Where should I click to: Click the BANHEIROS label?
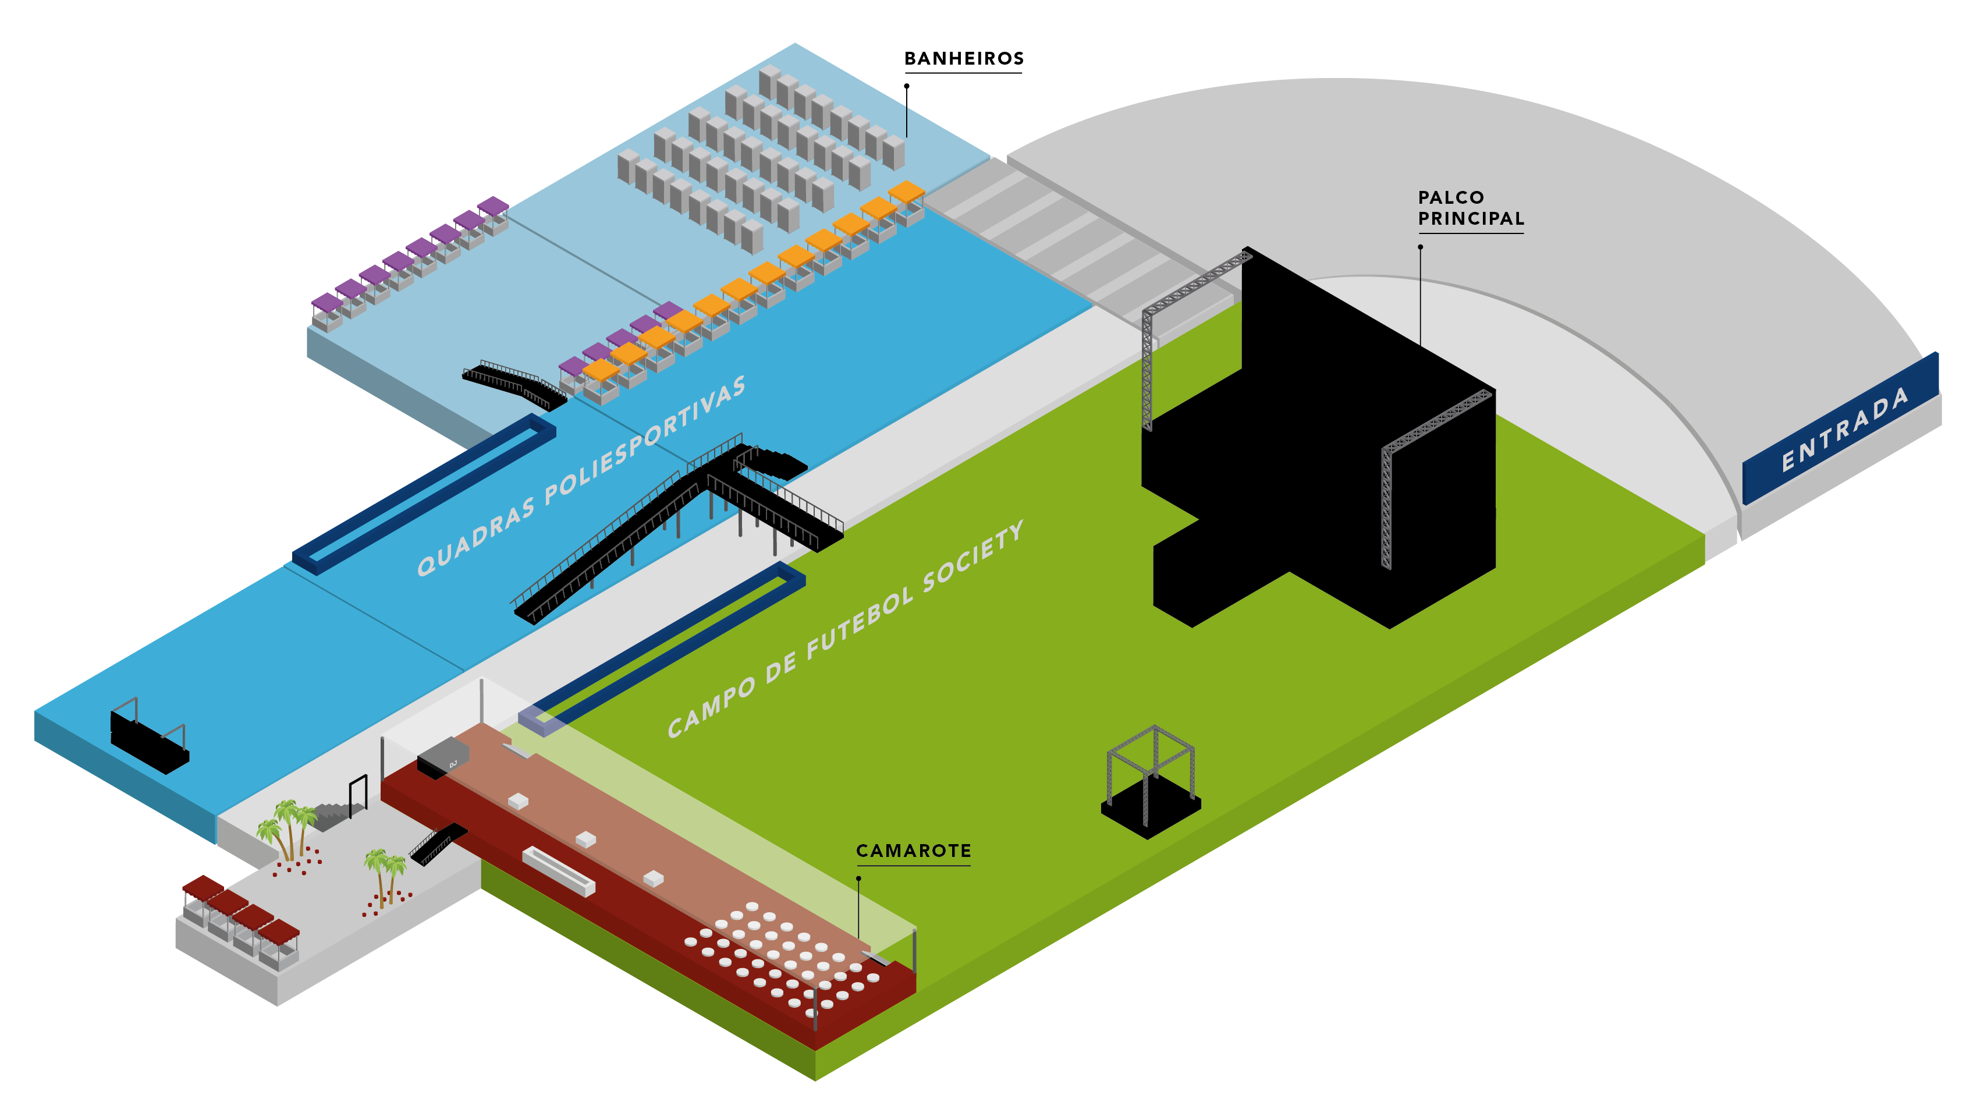[963, 58]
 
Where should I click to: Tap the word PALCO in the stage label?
[1450, 197]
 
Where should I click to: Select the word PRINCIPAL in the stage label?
[1471, 219]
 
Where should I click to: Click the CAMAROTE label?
[913, 851]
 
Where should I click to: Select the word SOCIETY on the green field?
[973, 556]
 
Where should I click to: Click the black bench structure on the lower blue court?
[150, 741]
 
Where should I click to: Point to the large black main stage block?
[1320, 460]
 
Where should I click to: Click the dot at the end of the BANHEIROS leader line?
[906, 86]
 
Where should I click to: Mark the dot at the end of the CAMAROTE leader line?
[858, 878]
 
